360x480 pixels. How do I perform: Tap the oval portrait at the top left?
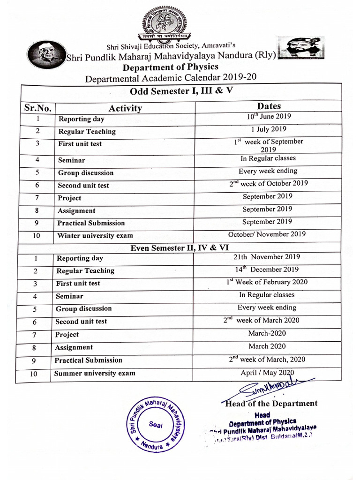pos(46,54)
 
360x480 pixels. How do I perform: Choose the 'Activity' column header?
pos(125,108)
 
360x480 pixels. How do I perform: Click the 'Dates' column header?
pos(269,106)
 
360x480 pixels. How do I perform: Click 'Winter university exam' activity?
pos(95,236)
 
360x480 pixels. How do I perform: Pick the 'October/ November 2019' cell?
pos(267,234)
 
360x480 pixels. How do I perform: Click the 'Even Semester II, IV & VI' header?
pos(180,247)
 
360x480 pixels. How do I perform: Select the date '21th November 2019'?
pos(267,257)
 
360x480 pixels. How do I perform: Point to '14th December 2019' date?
pos(267,269)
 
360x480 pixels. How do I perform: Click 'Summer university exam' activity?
pos(95,373)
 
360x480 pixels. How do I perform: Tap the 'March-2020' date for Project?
pos(267,333)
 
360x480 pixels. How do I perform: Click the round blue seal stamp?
pos(157,424)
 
